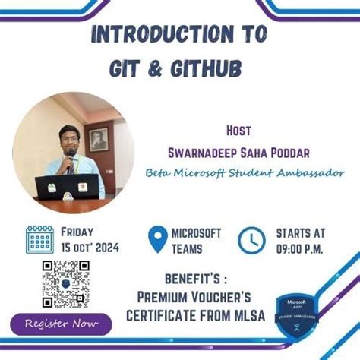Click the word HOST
pos(239,129)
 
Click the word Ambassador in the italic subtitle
pos(307,172)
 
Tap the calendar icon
pos(39,239)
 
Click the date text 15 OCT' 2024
pos(89,247)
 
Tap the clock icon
pos(251,240)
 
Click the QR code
pos(65,283)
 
